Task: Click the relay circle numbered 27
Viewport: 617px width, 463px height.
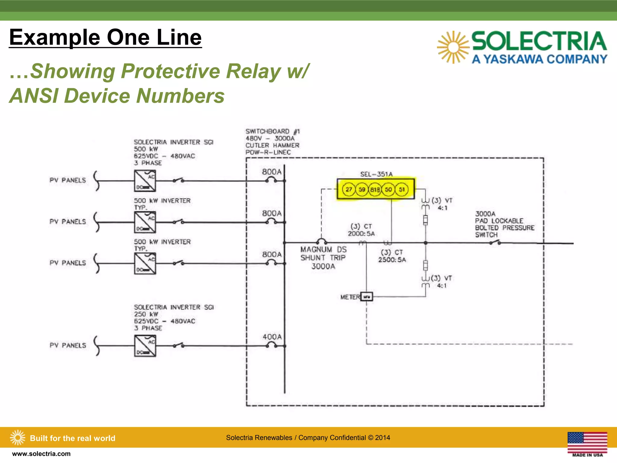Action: (x=349, y=190)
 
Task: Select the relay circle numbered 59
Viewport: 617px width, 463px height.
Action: (x=362, y=190)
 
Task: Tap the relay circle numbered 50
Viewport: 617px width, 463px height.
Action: (x=388, y=190)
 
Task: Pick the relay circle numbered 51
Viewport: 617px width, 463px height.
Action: (x=402, y=190)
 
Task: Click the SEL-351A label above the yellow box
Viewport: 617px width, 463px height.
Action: (x=376, y=174)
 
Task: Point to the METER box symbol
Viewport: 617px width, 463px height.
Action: (x=367, y=297)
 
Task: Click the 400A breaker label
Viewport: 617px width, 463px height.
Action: (x=272, y=337)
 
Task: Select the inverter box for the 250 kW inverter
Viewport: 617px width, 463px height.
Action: (x=145, y=346)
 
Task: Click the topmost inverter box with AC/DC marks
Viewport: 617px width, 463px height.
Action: (x=145, y=181)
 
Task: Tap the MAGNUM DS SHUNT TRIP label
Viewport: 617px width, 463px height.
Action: (x=323, y=258)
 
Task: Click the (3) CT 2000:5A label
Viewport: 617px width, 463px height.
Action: (x=361, y=230)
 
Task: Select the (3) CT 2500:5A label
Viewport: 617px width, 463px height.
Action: (x=392, y=256)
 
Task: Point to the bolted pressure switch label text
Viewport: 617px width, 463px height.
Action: (x=504, y=224)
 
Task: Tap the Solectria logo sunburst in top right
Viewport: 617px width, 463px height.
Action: (x=453, y=47)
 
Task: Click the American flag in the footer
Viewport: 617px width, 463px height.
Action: (x=587, y=442)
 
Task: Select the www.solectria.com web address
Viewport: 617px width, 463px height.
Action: (x=41, y=454)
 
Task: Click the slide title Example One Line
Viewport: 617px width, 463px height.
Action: (x=105, y=37)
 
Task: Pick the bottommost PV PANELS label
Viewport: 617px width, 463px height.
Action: (x=68, y=345)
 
